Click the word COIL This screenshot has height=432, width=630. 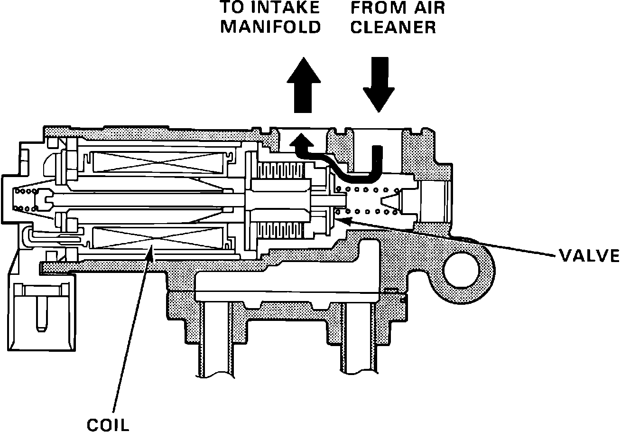tap(108, 423)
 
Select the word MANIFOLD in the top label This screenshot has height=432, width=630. tap(271, 27)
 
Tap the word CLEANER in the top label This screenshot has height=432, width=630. tap(393, 27)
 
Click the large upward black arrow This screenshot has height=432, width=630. tap(304, 85)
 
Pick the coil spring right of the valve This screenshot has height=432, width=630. tap(365, 200)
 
